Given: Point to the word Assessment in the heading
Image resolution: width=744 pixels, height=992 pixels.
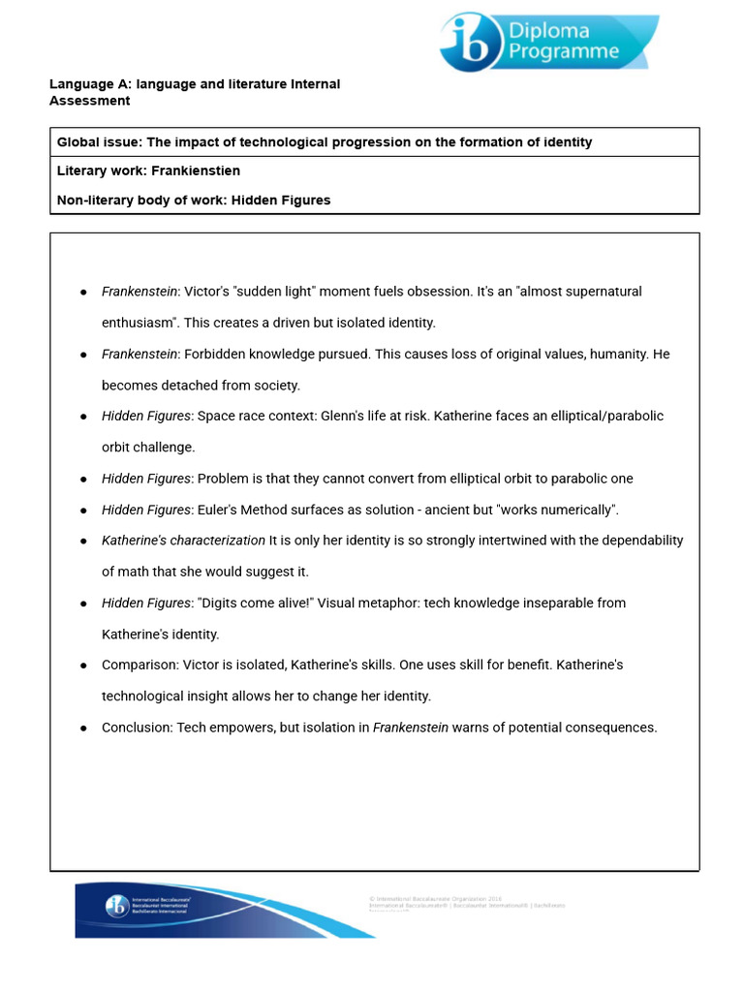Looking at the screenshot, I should [89, 101].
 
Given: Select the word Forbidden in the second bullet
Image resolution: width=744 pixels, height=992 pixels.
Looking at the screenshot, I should [212, 355].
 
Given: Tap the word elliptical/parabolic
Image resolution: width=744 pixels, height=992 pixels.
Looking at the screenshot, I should [598, 417].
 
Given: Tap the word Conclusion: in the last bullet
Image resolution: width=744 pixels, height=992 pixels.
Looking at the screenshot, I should [137, 728].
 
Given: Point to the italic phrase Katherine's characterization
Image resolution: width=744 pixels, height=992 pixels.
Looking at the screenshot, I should [183, 541].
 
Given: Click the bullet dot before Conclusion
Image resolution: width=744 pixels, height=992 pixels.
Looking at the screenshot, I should [83, 728].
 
